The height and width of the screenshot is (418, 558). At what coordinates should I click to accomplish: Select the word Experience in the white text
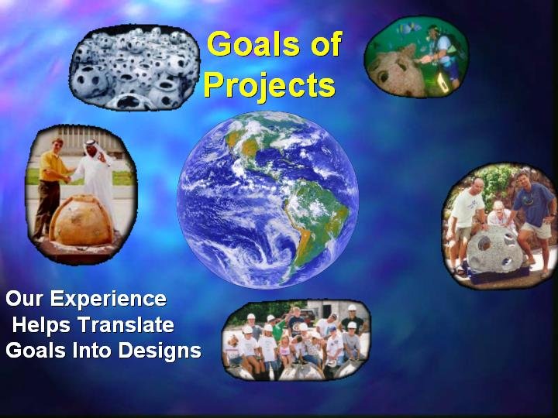[x=108, y=299]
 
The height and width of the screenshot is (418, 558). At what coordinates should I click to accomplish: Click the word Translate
[x=126, y=324]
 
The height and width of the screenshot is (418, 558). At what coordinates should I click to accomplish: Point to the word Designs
[x=160, y=351]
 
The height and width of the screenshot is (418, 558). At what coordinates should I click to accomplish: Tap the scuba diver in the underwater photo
[x=442, y=57]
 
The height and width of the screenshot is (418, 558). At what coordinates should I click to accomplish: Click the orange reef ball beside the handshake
[x=82, y=221]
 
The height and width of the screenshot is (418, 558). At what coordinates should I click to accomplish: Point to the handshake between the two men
[x=67, y=179]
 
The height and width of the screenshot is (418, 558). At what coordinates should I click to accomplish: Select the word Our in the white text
[x=24, y=299]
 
